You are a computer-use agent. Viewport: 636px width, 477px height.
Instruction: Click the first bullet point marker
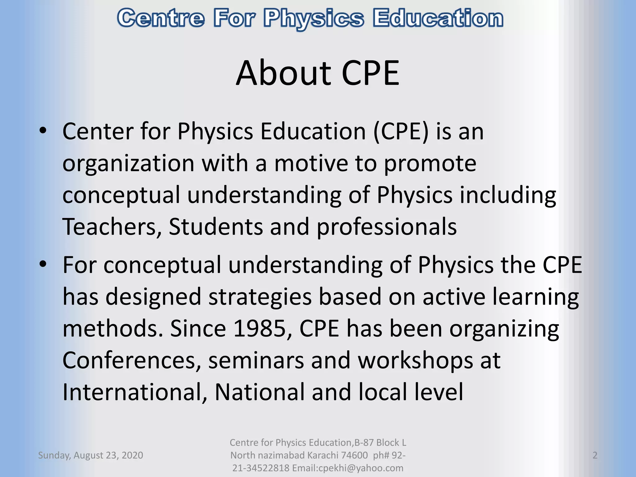point(43,131)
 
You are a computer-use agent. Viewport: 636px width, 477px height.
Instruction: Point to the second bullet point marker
point(43,264)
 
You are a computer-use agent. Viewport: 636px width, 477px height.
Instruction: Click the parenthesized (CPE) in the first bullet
point(401,132)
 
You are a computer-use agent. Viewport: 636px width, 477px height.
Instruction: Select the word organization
point(128,164)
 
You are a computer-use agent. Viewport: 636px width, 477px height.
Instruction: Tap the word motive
point(311,163)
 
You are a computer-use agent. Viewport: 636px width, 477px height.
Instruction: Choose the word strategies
point(260,298)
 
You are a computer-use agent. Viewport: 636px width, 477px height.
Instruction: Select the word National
point(260,392)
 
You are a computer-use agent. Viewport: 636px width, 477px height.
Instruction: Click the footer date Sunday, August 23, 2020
point(90,455)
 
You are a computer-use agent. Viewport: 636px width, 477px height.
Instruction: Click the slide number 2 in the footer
point(595,455)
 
